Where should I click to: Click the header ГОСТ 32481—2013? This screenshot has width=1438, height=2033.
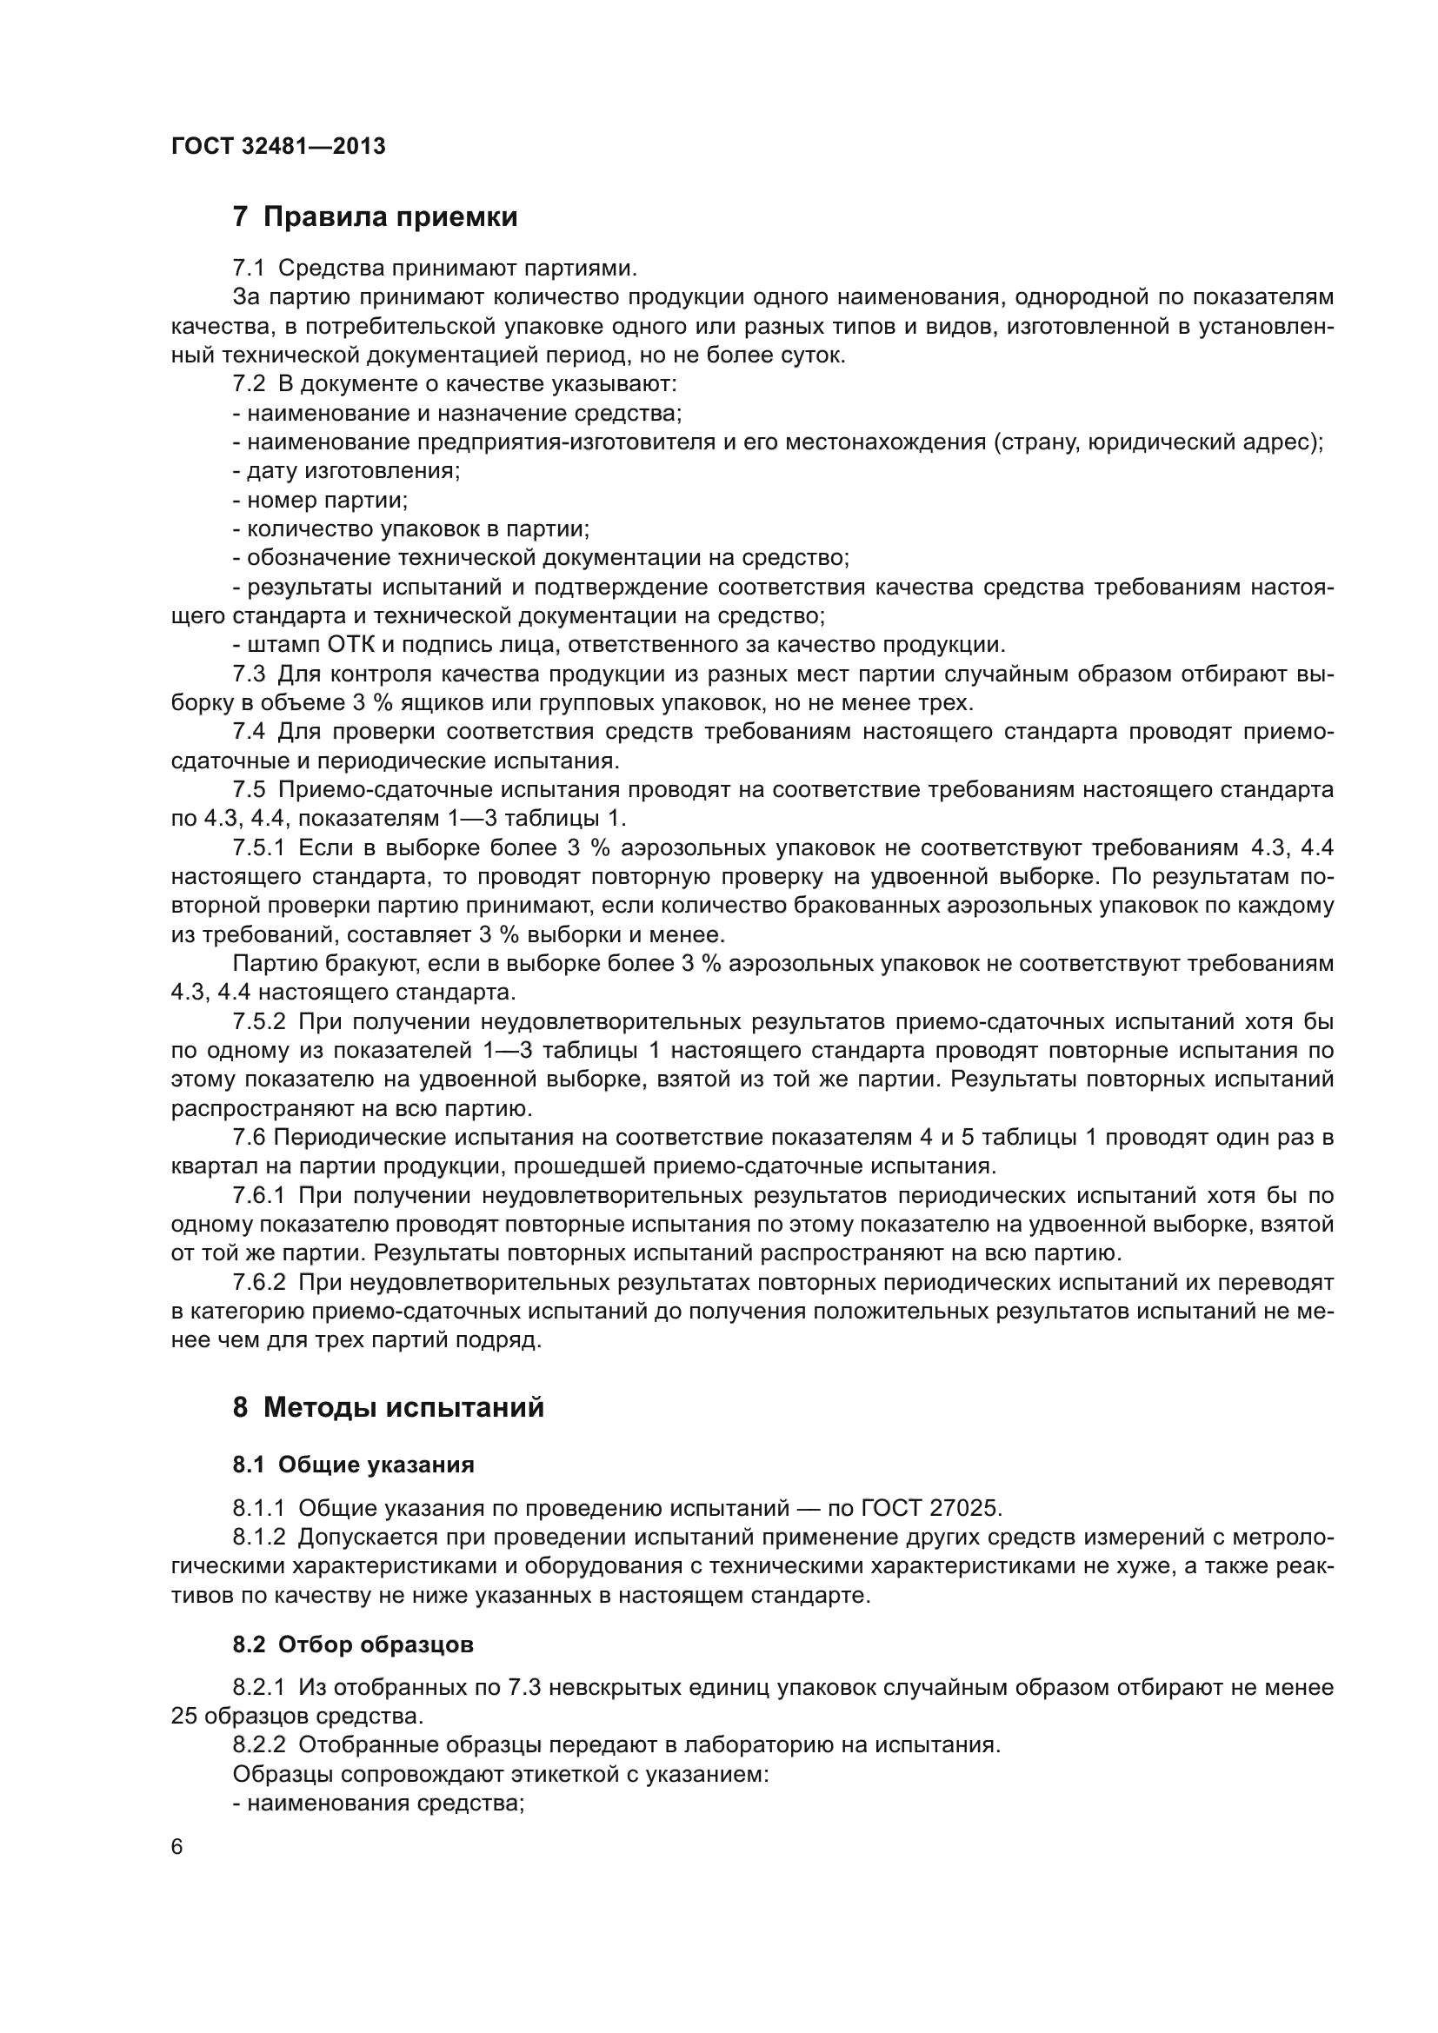(x=278, y=146)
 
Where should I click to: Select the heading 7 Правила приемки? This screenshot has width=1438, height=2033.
(x=375, y=217)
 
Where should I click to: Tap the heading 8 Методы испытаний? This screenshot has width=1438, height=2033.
(x=388, y=1407)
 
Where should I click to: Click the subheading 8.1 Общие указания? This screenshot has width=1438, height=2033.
(x=353, y=1465)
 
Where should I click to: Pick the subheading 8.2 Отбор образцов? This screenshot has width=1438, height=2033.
(x=353, y=1644)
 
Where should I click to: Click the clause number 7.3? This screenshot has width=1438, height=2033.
(x=249, y=674)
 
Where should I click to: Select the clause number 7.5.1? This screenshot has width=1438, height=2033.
(x=258, y=847)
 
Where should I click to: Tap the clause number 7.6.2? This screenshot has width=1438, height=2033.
(x=258, y=1282)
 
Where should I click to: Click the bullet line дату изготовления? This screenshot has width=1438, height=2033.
(x=346, y=471)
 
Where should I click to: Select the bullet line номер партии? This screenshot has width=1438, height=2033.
(x=320, y=501)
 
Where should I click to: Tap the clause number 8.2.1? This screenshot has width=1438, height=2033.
(x=258, y=1687)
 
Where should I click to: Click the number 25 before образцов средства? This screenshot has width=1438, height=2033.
(x=183, y=1716)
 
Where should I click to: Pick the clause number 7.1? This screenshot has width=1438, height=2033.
(x=249, y=269)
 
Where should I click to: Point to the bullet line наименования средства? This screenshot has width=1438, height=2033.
(x=379, y=1803)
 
